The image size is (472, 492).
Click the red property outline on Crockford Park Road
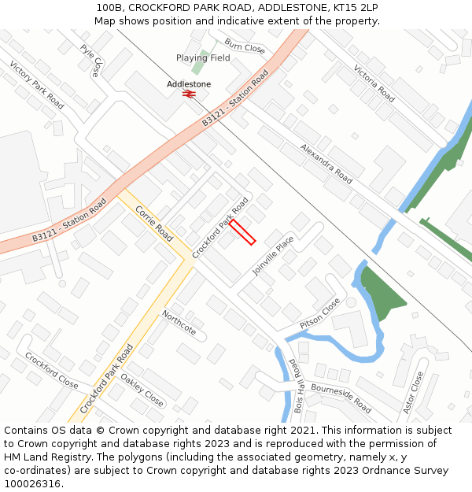coord(242,231)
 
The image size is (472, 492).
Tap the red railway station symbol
coord(189,94)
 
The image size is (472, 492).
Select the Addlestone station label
coord(189,84)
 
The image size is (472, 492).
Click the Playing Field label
coord(203,57)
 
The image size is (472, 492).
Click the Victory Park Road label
coord(36,84)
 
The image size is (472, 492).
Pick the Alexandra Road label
coord(326,164)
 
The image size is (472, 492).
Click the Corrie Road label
coord(154,224)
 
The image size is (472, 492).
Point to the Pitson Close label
coord(320,314)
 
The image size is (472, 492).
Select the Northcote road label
coord(179,323)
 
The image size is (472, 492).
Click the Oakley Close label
coord(142,389)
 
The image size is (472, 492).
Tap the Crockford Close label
coord(52,370)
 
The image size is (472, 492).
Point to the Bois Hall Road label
coord(298,386)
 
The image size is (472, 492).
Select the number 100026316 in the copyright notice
coord(32,483)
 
